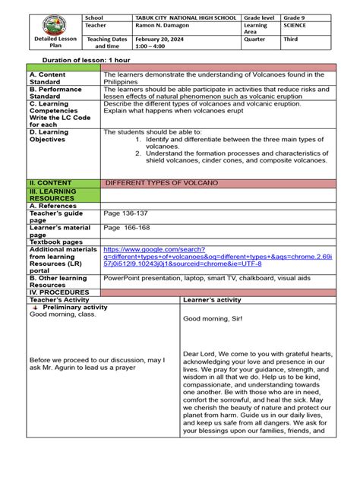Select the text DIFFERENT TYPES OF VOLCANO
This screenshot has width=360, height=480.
162,183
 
